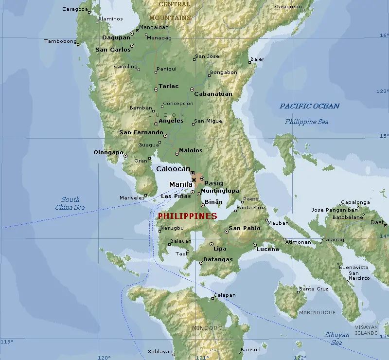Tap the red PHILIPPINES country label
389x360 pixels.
click(187, 216)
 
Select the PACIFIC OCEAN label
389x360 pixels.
click(309, 106)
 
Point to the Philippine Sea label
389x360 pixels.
click(306, 122)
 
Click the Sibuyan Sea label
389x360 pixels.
click(336, 339)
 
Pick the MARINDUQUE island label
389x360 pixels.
click(317, 312)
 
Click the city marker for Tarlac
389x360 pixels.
click(156, 90)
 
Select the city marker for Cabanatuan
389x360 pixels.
click(192, 90)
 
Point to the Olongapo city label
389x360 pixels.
click(108, 152)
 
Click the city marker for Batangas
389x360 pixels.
click(201, 263)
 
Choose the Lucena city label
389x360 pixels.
click(267, 249)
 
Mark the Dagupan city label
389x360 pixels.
click(116, 37)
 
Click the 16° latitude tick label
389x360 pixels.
click(384, 36)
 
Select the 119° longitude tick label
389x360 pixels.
click(6, 342)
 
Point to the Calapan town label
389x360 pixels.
click(225, 295)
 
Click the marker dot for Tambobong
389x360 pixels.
click(78, 44)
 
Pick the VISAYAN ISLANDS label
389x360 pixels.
click(366, 330)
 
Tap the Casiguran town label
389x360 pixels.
click(287, 7)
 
